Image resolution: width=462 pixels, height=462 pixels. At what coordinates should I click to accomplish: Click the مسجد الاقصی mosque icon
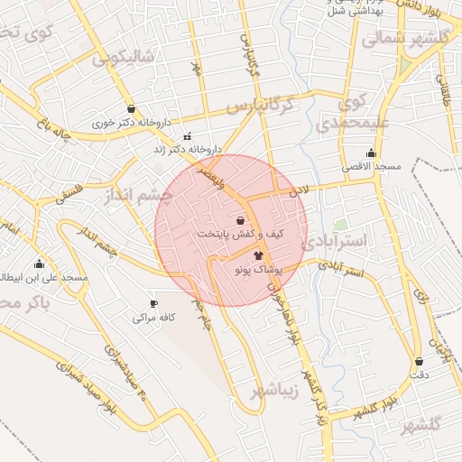371,152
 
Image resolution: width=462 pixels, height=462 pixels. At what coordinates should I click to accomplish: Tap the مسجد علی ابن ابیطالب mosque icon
39,264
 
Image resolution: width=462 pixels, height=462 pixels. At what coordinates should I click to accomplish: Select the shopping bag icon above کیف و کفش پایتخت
240,220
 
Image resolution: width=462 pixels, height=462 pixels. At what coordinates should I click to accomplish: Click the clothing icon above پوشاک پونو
260,256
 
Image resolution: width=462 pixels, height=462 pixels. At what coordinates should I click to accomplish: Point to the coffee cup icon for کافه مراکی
153,303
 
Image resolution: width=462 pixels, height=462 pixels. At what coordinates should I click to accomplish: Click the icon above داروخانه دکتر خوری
132,108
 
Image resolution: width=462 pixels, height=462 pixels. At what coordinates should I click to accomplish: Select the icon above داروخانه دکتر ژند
187,137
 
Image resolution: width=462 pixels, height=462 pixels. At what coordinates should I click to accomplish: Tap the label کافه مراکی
152,318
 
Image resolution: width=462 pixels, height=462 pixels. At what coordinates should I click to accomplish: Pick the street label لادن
299,191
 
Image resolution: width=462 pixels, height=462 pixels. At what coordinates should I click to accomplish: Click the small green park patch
340,223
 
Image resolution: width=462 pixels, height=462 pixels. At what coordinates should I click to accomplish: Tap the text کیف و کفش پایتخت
229,234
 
